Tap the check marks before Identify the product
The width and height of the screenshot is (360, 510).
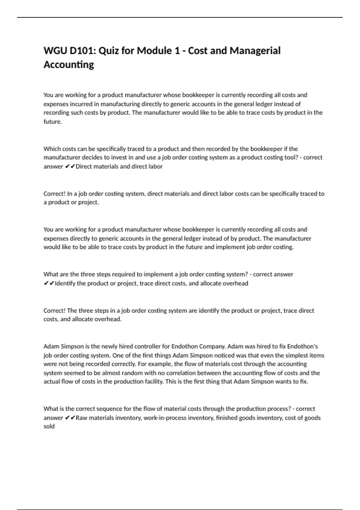point(49,283)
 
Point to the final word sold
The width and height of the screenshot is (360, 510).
point(49,426)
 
